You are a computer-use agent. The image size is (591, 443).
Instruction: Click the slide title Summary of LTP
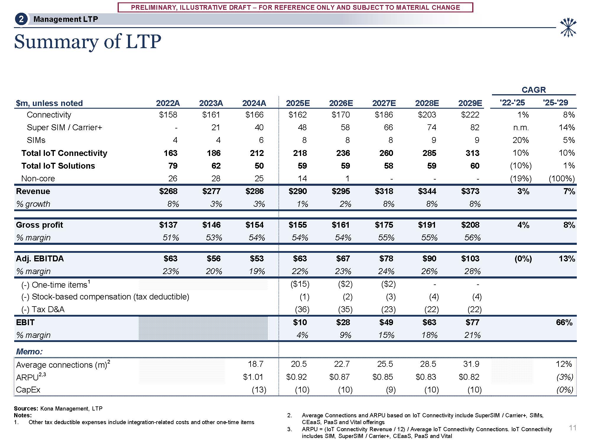87,42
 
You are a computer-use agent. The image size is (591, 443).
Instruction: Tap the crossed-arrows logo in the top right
568,27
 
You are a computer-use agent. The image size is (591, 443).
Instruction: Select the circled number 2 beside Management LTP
21,19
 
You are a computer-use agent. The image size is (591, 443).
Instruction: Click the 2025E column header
298,103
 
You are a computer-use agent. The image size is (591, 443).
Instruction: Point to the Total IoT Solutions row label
58,166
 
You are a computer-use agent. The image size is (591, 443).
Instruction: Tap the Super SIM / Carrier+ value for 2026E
345,127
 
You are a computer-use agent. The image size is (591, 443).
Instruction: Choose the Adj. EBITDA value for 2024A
256,259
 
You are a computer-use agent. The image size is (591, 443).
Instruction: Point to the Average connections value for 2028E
428,364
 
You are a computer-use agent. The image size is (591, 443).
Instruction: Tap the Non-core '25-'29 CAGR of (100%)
561,179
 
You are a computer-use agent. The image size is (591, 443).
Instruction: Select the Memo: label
29,351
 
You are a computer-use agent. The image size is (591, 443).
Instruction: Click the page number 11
572,428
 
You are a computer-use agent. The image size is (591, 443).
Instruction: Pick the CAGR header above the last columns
533,90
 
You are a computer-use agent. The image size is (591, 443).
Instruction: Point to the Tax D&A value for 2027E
388,310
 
